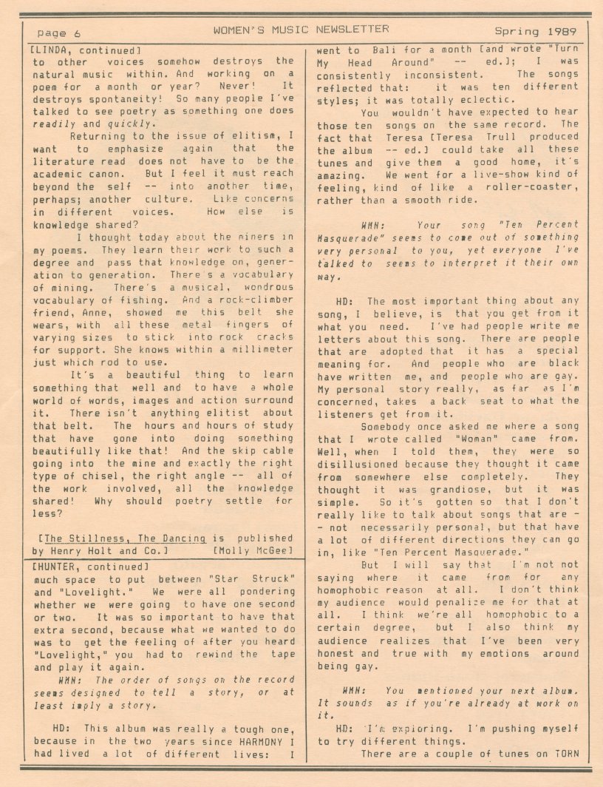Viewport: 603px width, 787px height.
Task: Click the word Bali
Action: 381,50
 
